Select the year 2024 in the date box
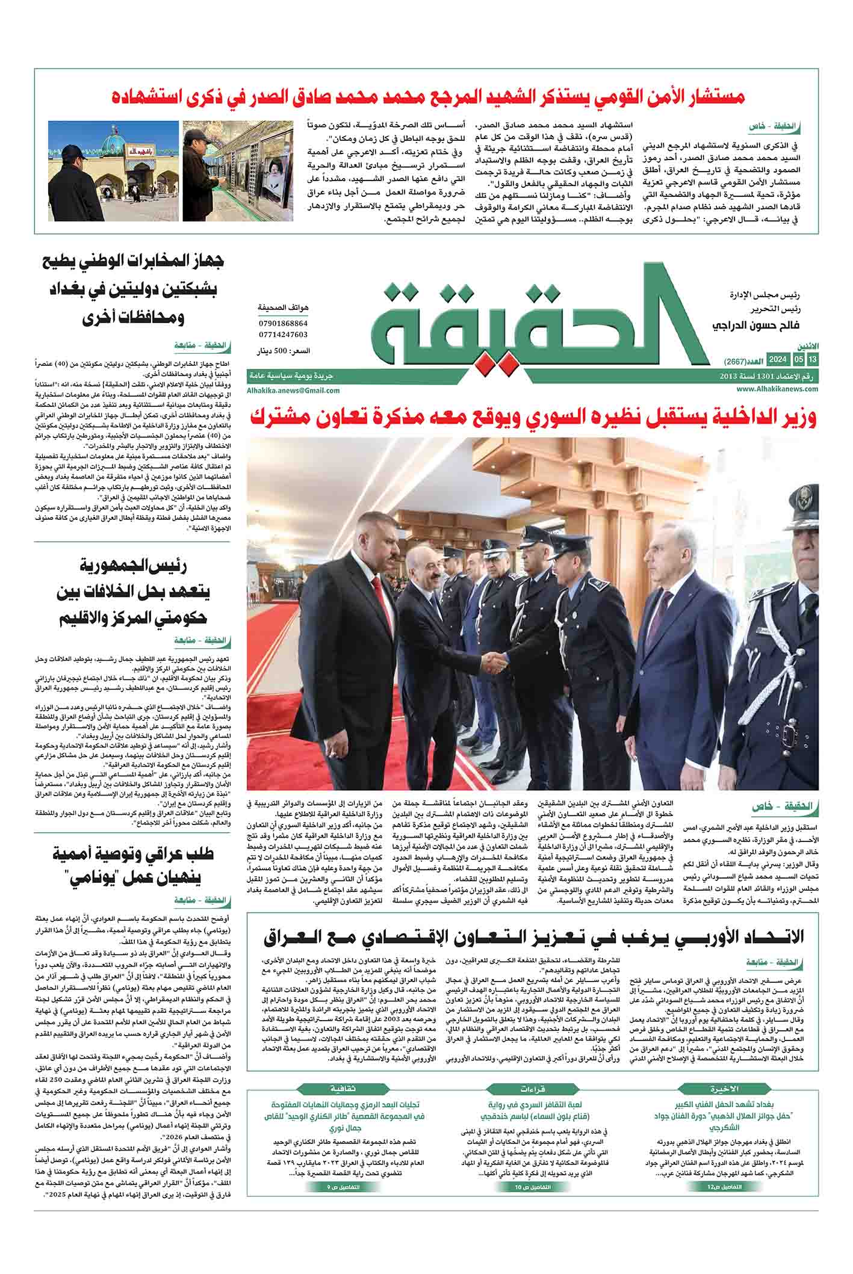(778, 359)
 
